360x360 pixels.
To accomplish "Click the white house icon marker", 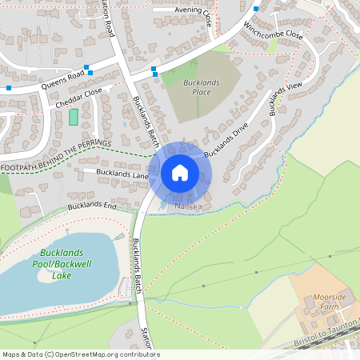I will coord(179,172).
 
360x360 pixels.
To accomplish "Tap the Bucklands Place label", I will coord(196,87).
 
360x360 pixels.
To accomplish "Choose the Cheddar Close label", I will coord(79,98).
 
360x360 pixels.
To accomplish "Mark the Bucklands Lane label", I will coord(122,173).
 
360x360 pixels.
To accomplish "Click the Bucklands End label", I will coord(92,206).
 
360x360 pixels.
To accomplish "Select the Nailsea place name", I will coord(188,206).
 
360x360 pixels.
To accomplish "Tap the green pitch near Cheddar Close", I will coord(74,117).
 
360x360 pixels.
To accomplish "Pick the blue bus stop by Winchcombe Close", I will coord(255,9).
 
